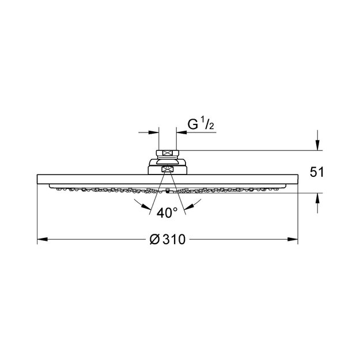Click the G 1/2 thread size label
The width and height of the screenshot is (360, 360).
[201, 123]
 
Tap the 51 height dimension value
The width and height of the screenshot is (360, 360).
[317, 172]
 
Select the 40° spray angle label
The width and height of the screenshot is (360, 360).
[167, 213]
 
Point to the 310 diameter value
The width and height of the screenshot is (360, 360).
[174, 240]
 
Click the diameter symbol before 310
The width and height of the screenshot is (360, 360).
[154, 240]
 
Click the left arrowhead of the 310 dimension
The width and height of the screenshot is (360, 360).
[43, 240]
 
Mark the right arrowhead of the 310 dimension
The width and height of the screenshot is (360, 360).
[293, 240]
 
